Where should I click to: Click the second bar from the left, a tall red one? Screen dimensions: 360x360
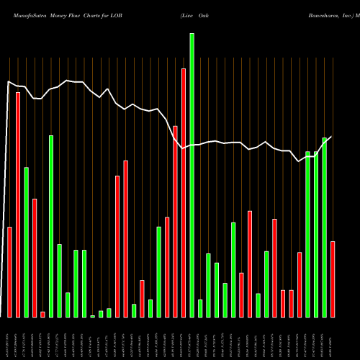[18, 204]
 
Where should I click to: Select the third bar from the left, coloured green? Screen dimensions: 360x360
[27, 242]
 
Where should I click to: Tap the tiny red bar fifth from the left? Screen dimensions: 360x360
[42, 314]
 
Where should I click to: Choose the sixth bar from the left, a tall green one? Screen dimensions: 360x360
[51, 226]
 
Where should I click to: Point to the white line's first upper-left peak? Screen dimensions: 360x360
[9, 82]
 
